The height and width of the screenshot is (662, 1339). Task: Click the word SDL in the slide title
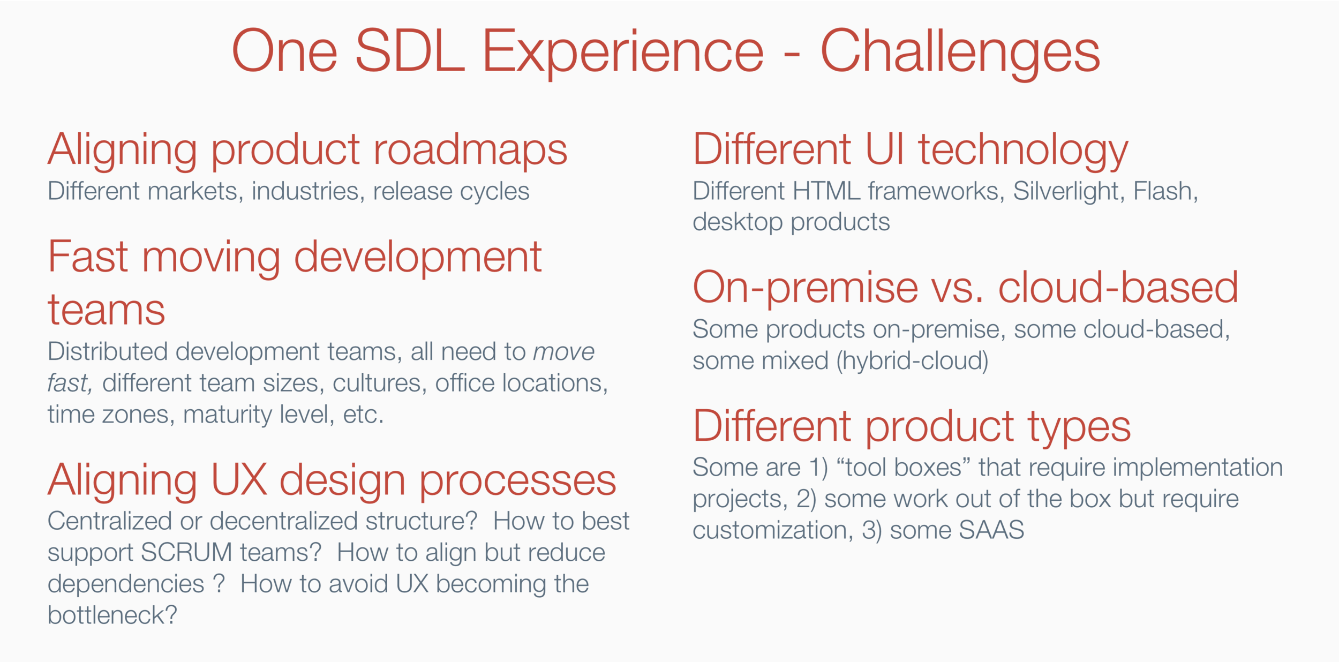[x=410, y=51]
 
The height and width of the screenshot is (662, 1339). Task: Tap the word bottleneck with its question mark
[x=112, y=615]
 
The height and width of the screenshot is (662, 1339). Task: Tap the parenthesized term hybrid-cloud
[x=912, y=361]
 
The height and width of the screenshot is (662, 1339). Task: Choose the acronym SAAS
[x=991, y=530]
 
